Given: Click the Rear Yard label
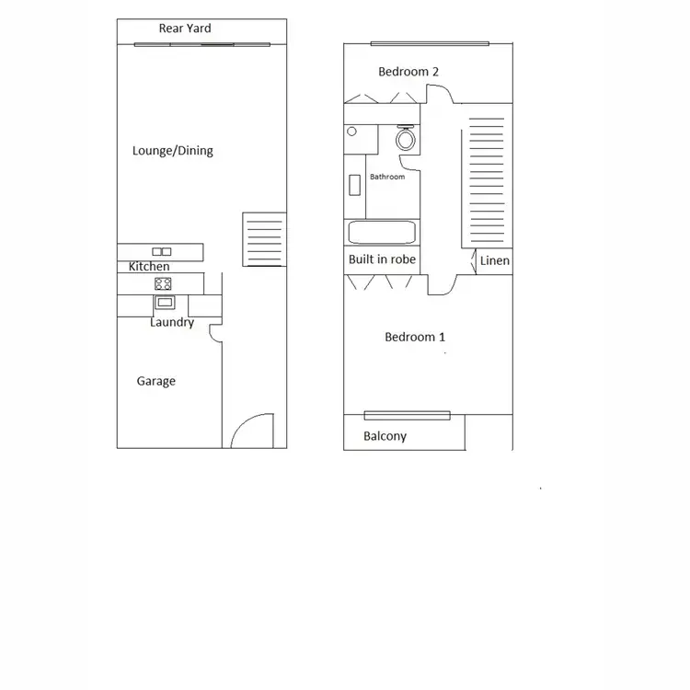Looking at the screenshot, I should tap(185, 29).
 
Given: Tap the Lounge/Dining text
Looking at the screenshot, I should tap(173, 151).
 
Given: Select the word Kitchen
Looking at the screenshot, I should tap(149, 267).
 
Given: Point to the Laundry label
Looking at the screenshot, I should tap(172, 323).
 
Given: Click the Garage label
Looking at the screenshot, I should tap(156, 381).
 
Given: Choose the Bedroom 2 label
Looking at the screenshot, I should tap(408, 72).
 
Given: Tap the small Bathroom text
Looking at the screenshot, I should tap(387, 177).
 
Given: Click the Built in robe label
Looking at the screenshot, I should tap(382, 259).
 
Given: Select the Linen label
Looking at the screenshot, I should tap(494, 261).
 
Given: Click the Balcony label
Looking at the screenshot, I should tap(385, 436).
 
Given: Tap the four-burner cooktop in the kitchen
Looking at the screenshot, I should tap(163, 283).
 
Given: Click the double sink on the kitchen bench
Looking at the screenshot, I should tap(162, 251).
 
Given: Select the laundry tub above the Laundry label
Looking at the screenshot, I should tap(165, 302).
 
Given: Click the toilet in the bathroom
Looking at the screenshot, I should tap(406, 138).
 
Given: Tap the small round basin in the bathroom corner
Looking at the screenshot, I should tap(351, 132).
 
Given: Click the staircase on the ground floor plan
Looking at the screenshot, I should tap(264, 240).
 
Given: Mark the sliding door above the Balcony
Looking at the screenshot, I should tap(407, 414).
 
